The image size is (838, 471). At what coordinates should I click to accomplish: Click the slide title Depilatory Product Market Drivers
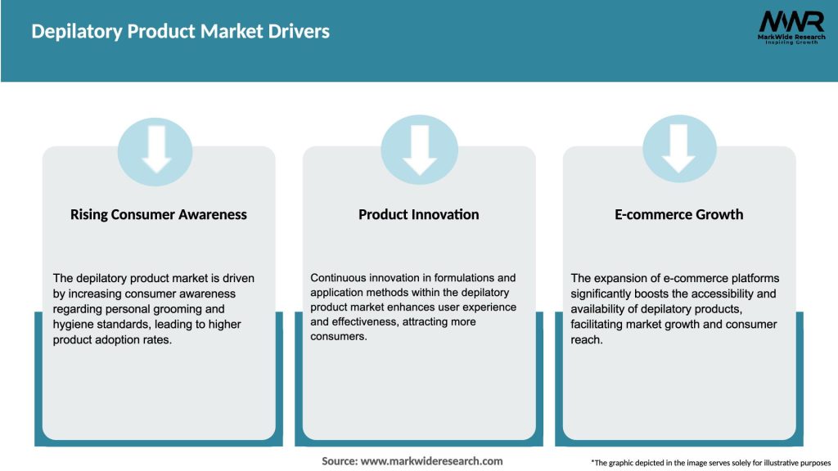[x=180, y=32]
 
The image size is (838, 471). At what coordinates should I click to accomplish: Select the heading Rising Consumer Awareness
[x=159, y=214]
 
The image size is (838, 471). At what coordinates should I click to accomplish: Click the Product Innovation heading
[x=419, y=214]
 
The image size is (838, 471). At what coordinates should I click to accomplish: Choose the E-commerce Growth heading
[x=679, y=214]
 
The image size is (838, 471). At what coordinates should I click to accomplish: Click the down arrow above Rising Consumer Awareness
[x=156, y=149]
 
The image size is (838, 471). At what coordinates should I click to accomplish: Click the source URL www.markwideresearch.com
[x=431, y=461]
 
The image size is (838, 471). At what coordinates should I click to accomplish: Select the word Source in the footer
[x=339, y=461]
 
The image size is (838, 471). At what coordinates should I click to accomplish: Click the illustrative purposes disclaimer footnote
[x=710, y=462]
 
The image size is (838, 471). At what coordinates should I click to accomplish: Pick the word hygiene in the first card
[x=73, y=325]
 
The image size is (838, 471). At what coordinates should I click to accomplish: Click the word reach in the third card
[x=586, y=340]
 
